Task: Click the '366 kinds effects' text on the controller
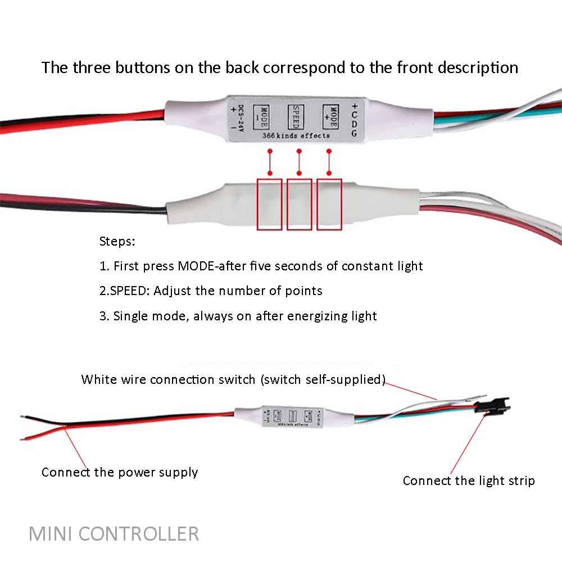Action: [x=296, y=135]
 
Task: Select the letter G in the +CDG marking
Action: [x=354, y=134]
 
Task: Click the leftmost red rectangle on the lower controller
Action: [x=269, y=204]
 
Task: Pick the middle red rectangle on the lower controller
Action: [x=299, y=204]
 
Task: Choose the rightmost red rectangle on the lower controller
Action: [x=329, y=204]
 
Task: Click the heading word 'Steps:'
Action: [x=117, y=242]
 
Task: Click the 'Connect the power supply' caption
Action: [x=120, y=472]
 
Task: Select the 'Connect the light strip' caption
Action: [x=469, y=481]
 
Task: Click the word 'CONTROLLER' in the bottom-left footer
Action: [x=138, y=533]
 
